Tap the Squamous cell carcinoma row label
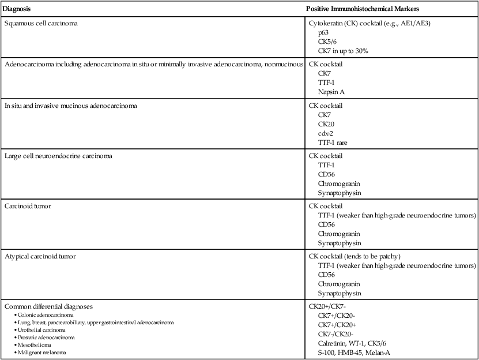pyautogui.click(x=42, y=24)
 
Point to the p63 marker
pyautogui.click(x=324, y=33)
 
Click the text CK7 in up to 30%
pyautogui.click(x=343, y=51)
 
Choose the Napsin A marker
pyautogui.click(x=331, y=92)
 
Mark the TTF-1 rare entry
pyautogui.click(x=333, y=142)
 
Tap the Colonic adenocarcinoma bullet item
pyautogui.click(x=37, y=315)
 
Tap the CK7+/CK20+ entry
pyautogui.click(x=337, y=324)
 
